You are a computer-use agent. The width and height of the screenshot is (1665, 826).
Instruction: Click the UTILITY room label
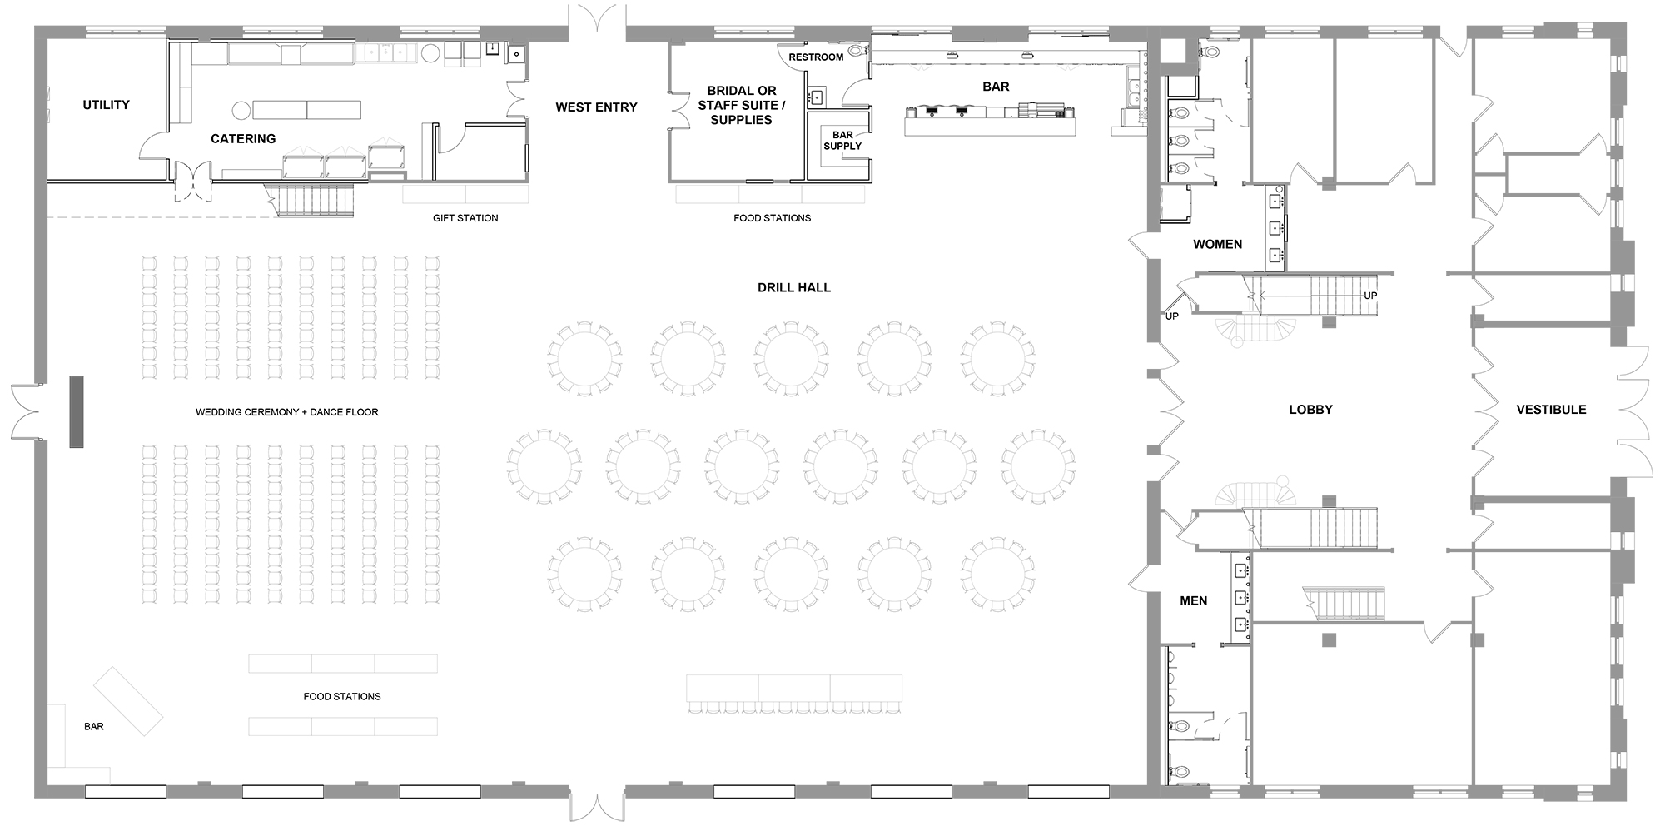106,105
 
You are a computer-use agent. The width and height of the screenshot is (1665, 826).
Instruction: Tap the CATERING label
243,139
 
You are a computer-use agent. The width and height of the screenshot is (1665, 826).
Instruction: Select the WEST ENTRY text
596,107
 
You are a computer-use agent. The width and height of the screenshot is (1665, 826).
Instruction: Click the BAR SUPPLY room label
842,141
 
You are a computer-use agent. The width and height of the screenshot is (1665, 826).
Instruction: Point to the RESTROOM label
816,57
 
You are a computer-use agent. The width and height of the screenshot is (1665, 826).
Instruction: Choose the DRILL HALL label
794,288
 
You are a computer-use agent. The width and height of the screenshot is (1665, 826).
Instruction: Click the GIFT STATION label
465,218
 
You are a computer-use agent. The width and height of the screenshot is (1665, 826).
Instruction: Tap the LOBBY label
1310,410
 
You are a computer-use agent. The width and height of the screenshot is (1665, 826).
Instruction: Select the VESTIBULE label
1551,410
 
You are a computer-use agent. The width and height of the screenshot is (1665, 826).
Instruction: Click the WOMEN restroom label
1217,245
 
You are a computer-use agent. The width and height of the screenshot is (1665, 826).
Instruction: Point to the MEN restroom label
1193,601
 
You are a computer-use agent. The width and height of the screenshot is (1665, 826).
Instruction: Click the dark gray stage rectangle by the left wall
77,412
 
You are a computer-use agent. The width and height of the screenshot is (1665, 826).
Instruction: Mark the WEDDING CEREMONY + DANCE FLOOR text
287,412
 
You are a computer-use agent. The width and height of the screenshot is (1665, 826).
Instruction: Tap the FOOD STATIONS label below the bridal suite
772,218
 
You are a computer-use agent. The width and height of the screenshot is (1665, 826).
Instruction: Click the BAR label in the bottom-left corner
94,727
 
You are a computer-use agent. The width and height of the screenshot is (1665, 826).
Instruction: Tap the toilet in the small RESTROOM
863,52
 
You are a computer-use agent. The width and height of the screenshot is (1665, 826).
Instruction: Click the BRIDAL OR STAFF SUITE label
742,105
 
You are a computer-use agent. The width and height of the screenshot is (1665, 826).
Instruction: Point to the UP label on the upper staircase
1370,296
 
